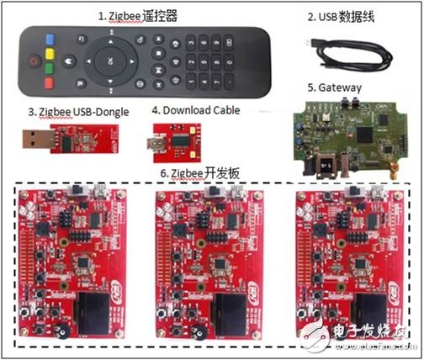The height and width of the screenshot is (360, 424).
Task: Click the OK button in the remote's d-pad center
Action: pyautogui.click(x=110, y=60)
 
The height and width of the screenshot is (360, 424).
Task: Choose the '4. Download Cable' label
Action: pyautogui.click(x=196, y=109)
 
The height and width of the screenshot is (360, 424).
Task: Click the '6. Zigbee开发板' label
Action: pyautogui.click(x=199, y=172)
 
